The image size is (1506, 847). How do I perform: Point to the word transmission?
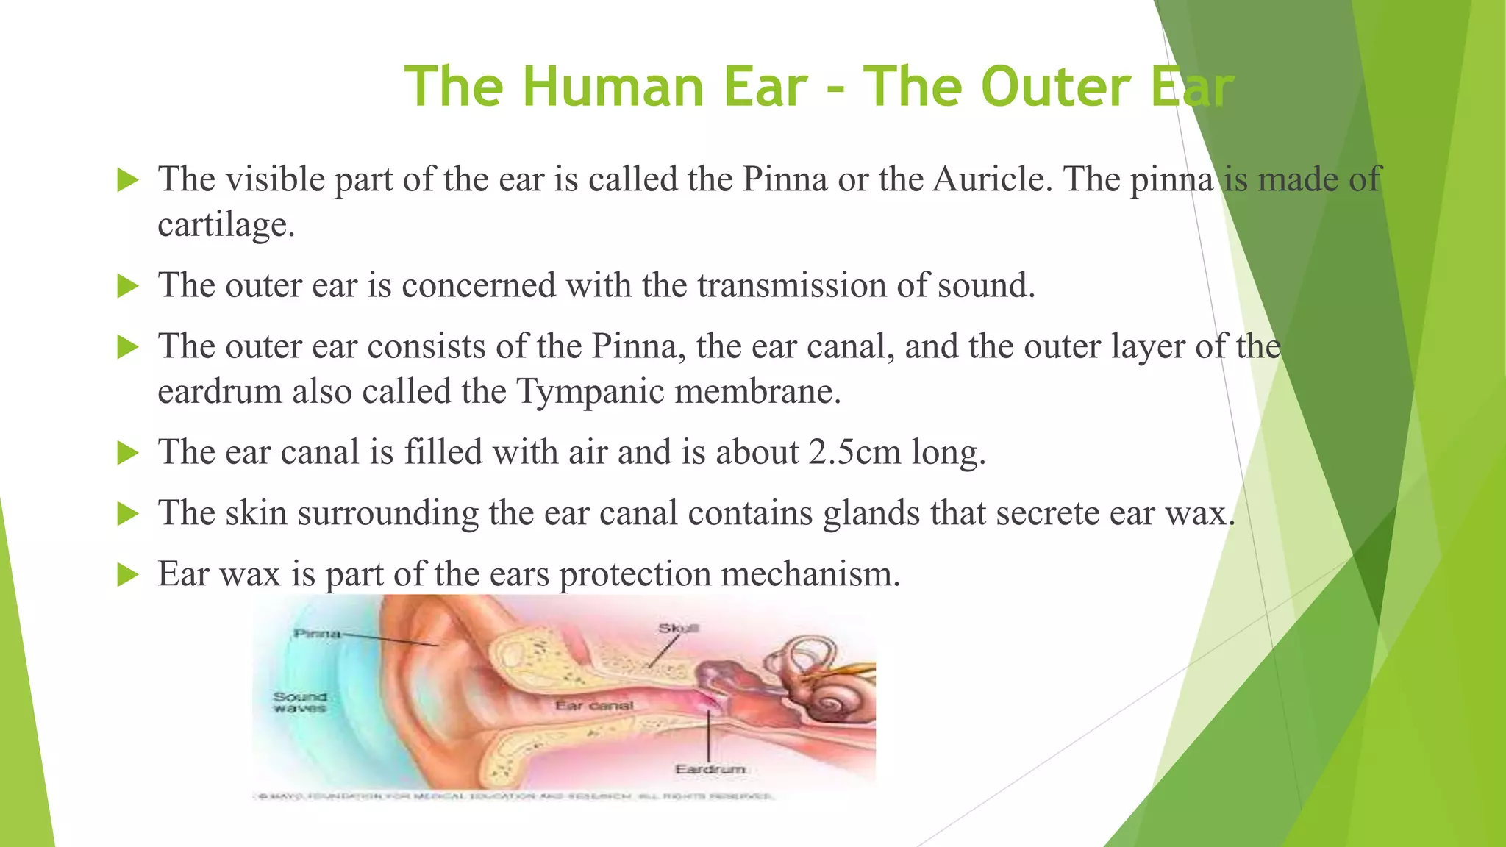click(791, 285)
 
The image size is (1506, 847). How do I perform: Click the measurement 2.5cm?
click(854, 452)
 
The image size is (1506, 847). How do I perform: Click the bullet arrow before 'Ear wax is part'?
click(128, 574)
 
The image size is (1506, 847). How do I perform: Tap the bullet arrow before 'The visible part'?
click(128, 179)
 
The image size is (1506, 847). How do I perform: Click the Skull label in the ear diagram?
click(678, 628)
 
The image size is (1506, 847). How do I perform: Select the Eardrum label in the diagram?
click(710, 769)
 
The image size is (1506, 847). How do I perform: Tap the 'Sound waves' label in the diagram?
click(299, 702)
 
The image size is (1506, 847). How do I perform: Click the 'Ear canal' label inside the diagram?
click(593, 706)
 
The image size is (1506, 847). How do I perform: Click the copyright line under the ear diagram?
click(514, 796)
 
